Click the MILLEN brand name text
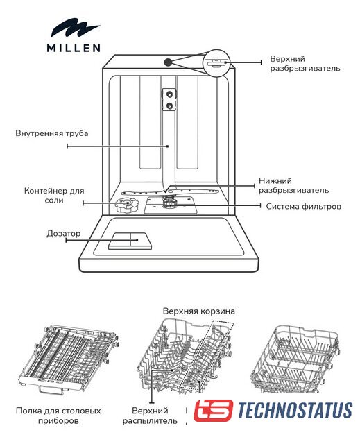[x=74, y=48]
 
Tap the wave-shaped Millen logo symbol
[x=76, y=28]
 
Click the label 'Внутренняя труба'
[x=52, y=133]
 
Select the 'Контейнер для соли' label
[x=54, y=196]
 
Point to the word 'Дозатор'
[x=64, y=234]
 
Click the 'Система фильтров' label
[x=303, y=207]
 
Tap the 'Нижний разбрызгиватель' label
[x=294, y=185]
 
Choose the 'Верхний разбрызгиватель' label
[x=305, y=64]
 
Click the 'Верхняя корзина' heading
[x=198, y=311]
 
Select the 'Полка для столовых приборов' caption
[x=58, y=416]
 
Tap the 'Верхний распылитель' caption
[x=150, y=416]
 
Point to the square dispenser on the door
[x=130, y=241]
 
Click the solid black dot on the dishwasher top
[x=168, y=62]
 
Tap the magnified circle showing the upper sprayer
[x=216, y=63]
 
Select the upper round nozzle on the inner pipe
[x=169, y=94]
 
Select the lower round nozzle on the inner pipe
[x=169, y=106]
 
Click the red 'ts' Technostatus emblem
[x=214, y=410]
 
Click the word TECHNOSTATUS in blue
[x=295, y=410]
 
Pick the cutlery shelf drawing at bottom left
[x=68, y=359]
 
